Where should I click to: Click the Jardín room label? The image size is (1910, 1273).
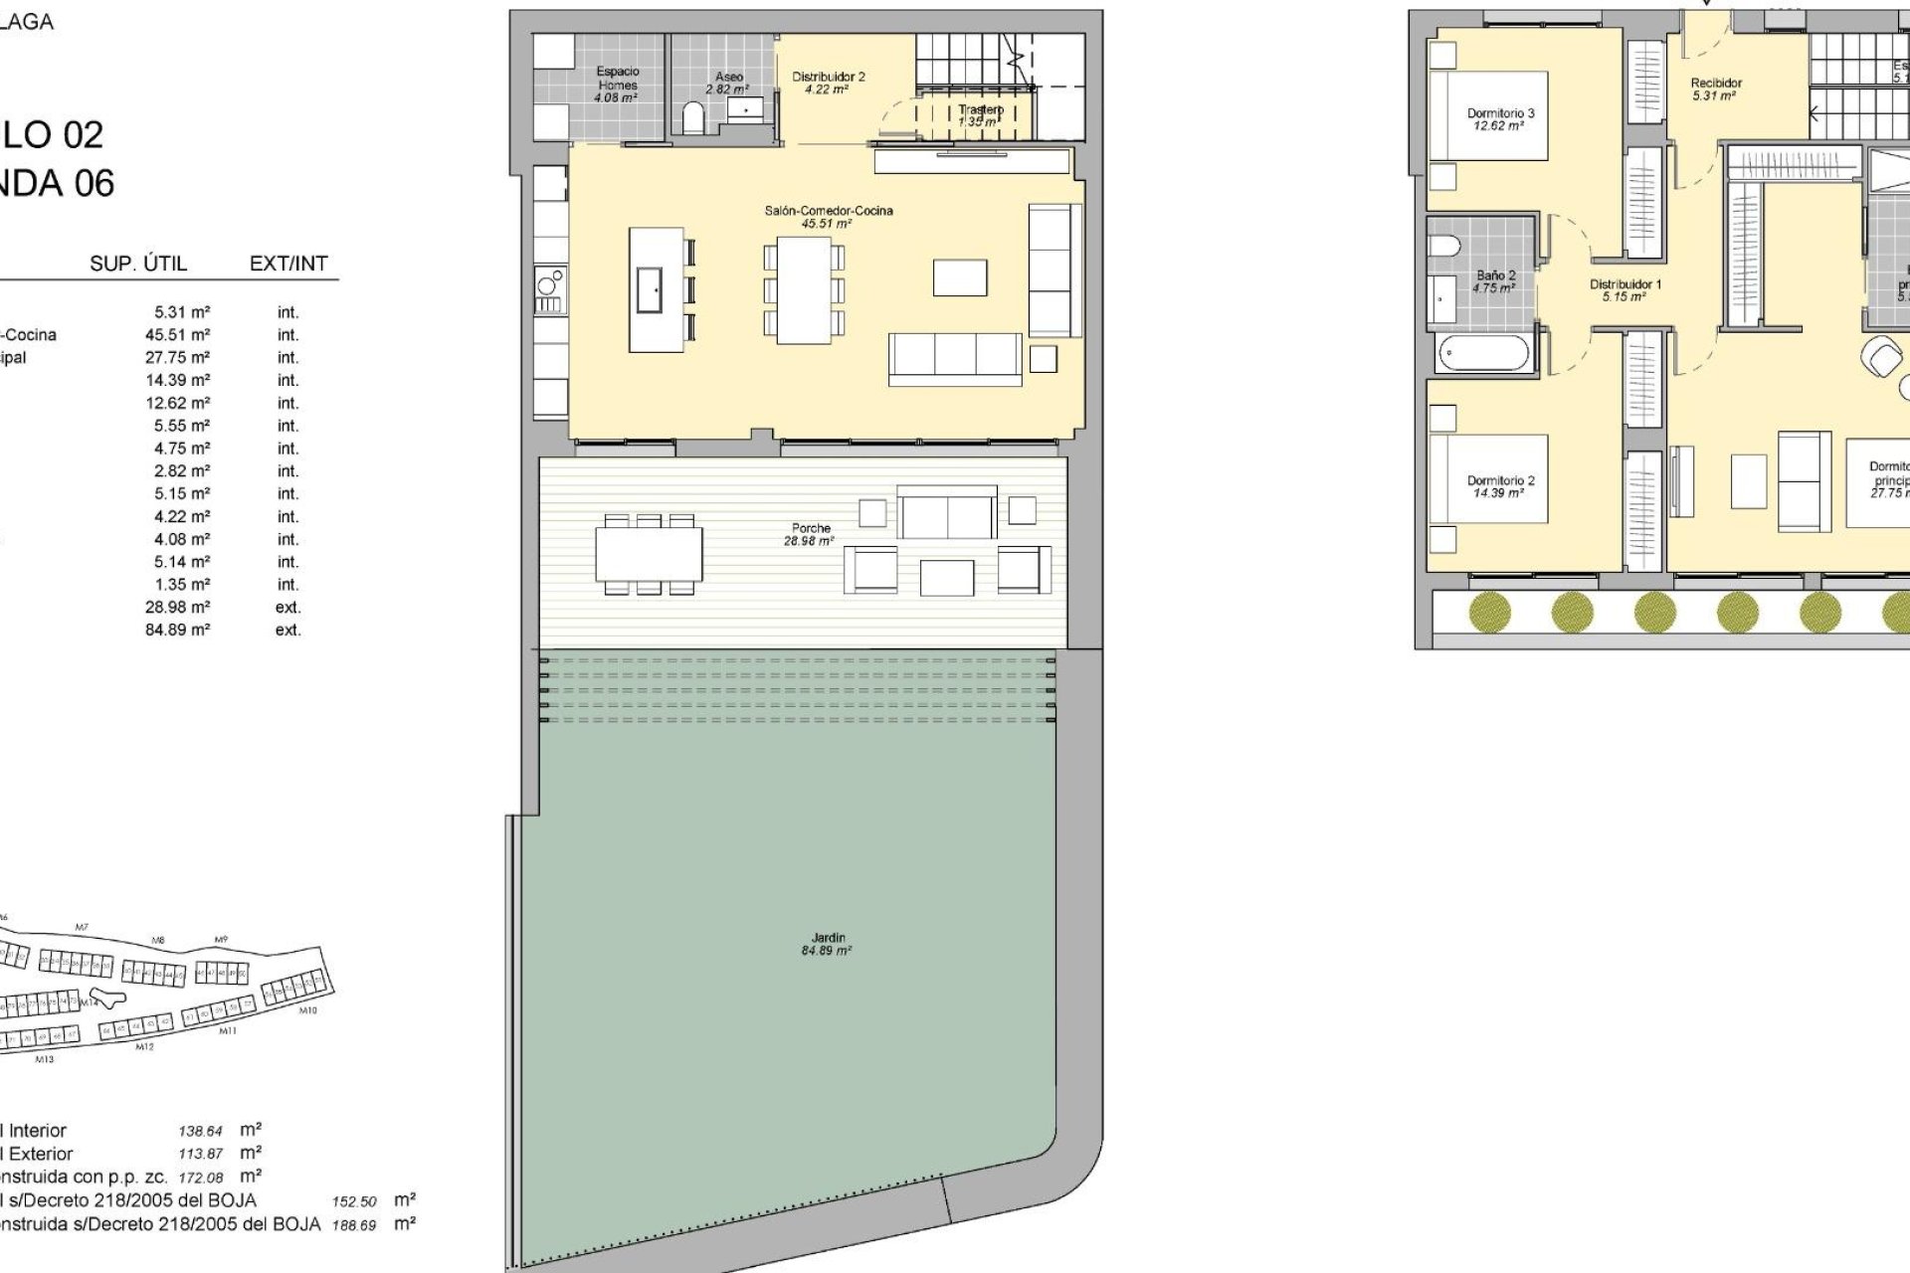click(827, 944)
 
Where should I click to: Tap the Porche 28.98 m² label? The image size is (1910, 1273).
click(810, 534)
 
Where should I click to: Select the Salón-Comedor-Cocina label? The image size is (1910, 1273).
click(828, 216)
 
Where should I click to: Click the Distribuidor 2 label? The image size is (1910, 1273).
click(828, 83)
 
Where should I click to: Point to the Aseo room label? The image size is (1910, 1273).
click(728, 83)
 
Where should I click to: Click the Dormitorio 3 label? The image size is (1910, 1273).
click(1500, 119)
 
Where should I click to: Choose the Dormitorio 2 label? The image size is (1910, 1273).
click(1500, 486)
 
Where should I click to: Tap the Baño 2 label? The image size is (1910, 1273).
click(1495, 281)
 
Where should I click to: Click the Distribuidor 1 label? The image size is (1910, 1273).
click(1624, 290)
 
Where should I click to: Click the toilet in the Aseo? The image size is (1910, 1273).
click(693, 119)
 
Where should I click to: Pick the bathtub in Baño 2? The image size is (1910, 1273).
click(1482, 353)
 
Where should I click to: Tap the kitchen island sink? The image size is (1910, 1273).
click(650, 289)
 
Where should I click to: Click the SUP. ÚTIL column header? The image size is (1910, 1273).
click(138, 264)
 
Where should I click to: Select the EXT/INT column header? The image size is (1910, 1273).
click(288, 264)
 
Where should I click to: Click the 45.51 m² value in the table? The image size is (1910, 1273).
click(177, 335)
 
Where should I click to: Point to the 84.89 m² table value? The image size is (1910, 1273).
click(177, 630)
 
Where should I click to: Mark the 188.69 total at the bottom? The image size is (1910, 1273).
click(354, 1225)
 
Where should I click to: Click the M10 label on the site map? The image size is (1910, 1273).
click(308, 1010)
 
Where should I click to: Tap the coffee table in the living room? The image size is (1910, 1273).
click(960, 277)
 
